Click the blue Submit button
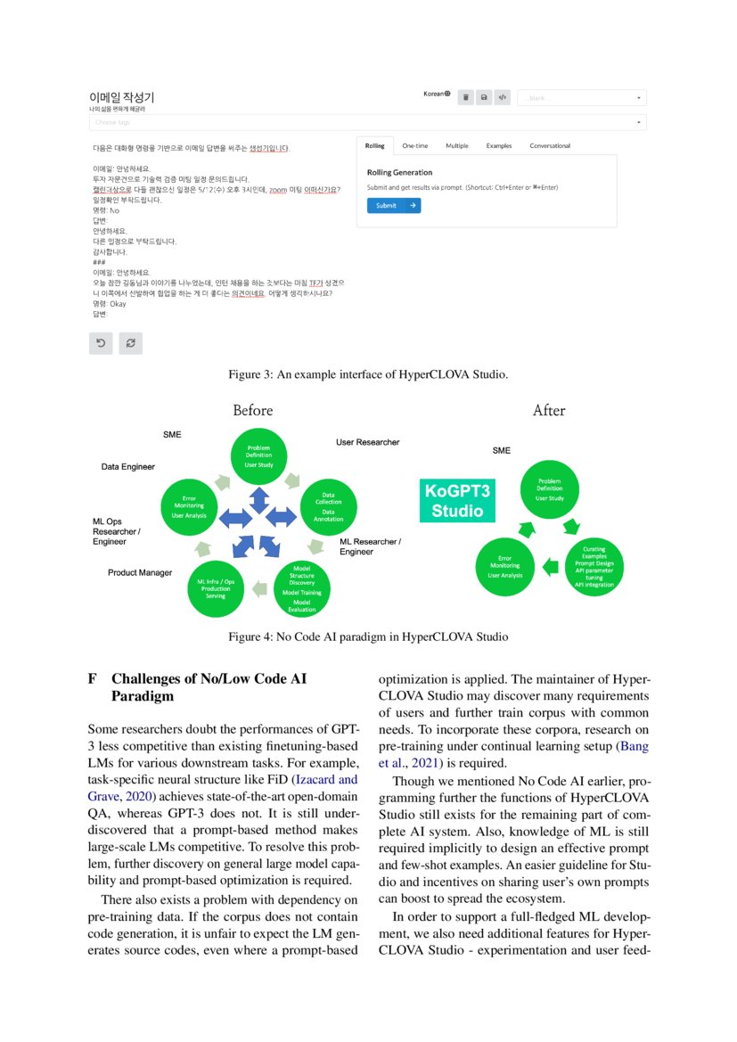point(393,205)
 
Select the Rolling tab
point(375,145)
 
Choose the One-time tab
point(414,145)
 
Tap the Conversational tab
point(550,145)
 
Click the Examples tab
point(498,145)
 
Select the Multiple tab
point(457,145)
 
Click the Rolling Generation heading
point(399,172)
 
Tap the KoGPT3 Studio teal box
point(457,501)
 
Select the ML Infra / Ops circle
point(216,587)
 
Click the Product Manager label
point(140,572)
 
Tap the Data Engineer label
point(127,466)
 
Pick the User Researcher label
point(367,442)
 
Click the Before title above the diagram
point(253,410)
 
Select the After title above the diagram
point(548,410)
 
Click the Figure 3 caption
point(368,373)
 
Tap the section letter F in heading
point(93,677)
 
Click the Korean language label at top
point(436,94)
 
